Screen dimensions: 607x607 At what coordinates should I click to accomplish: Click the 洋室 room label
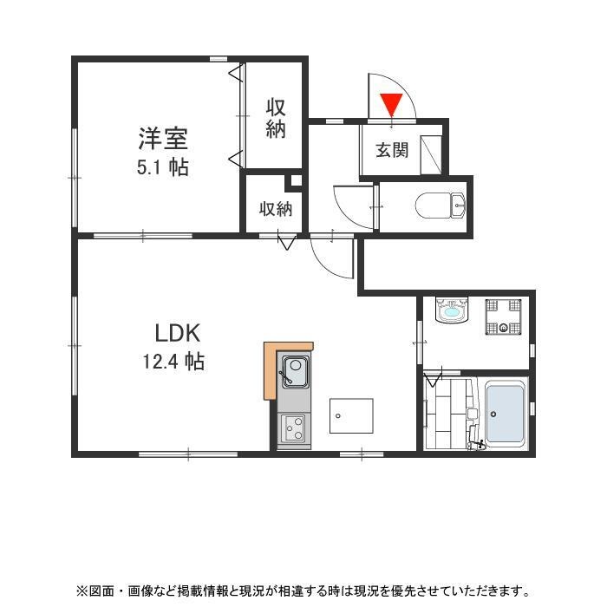coord(162,138)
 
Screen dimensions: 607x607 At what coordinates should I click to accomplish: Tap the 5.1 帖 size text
coord(162,167)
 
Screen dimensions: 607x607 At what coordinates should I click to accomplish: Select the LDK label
coord(178,332)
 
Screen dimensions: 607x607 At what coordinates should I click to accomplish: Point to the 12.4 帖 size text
coord(173,362)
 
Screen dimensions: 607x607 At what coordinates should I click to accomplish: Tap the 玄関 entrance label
coord(391,150)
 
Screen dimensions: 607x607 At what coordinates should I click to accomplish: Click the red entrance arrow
coord(392,104)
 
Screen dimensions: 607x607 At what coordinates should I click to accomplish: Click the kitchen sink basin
coord(293,374)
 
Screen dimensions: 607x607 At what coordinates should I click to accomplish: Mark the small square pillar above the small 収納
coord(296,181)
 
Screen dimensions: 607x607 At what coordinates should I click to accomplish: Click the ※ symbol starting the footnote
coord(82,591)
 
